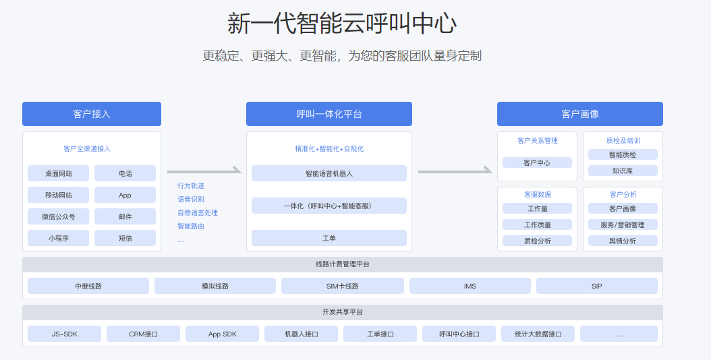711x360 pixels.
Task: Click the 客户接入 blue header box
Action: tap(92, 114)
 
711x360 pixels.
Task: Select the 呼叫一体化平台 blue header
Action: tap(329, 114)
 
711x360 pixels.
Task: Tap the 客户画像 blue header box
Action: tap(579, 114)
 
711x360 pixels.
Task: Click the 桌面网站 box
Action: tap(59, 173)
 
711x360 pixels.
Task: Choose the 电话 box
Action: tap(125, 173)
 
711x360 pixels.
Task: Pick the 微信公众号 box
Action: tap(59, 216)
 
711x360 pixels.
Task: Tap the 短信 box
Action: tap(125, 238)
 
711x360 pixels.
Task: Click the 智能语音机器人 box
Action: tap(329, 173)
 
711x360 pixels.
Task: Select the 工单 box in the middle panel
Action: tap(329, 238)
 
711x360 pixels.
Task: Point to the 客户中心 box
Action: tap(537, 162)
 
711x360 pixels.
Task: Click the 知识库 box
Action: tap(623, 171)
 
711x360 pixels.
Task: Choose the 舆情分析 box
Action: tap(623, 241)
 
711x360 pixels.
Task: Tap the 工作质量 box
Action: tap(537, 224)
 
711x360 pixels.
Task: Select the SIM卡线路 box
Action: tap(342, 286)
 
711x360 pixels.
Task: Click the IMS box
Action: tap(470, 286)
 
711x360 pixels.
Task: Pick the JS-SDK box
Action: tap(64, 334)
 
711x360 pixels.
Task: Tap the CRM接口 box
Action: tap(143, 334)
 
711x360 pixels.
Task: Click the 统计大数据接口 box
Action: tap(538, 334)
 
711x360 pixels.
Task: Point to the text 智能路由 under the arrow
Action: tap(191, 226)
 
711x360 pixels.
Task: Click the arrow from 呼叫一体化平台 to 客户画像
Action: tap(455, 171)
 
